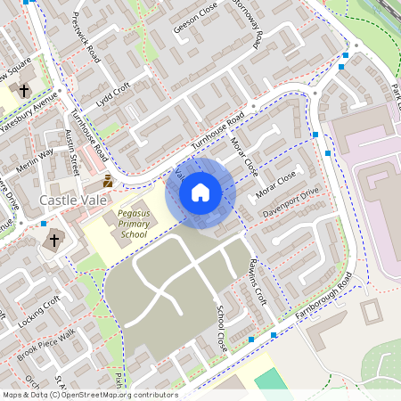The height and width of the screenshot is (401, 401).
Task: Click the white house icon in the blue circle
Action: (200, 192)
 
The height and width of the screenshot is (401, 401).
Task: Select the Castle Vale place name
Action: (74, 201)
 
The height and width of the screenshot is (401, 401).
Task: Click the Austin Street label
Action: (73, 152)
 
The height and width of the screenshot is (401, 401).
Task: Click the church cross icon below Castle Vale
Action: (54, 240)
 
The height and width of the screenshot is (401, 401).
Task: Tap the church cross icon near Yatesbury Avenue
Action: (22, 91)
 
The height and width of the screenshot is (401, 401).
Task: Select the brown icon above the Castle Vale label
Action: (108, 181)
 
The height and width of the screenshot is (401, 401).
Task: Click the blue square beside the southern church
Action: (44, 225)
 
